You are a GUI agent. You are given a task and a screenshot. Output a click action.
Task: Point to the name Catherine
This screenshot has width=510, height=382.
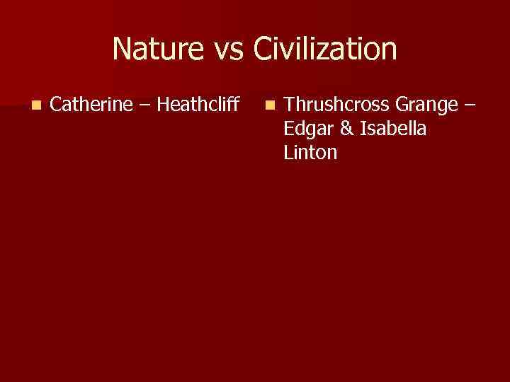click(92, 105)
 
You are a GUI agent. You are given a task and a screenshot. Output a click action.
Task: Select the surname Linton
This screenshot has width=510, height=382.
click(310, 153)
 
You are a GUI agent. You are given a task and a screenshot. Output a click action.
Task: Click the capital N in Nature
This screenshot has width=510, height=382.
click(120, 50)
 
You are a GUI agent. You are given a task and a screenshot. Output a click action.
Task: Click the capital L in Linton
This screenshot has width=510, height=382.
click(288, 153)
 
